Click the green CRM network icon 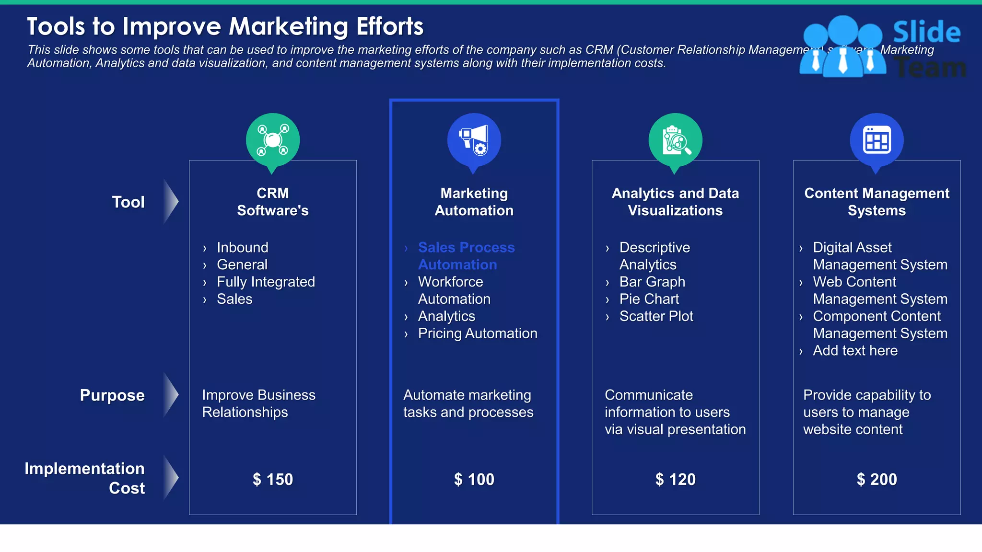click(x=273, y=140)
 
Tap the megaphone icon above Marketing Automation click(x=474, y=140)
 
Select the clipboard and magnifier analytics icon click(x=675, y=140)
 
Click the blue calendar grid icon click(x=877, y=140)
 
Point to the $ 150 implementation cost click(x=273, y=479)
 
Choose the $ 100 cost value click(x=474, y=479)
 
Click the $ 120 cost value click(x=675, y=479)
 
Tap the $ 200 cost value click(x=877, y=479)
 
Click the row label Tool click(x=128, y=202)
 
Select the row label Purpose click(x=112, y=395)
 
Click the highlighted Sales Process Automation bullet click(x=466, y=256)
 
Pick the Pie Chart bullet click(x=649, y=299)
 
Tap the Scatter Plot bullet click(x=656, y=316)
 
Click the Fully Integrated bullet click(x=266, y=282)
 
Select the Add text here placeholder click(x=855, y=351)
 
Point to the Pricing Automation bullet click(x=478, y=333)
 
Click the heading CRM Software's click(x=273, y=202)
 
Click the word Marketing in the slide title click(x=288, y=26)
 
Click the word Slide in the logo click(x=926, y=33)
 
